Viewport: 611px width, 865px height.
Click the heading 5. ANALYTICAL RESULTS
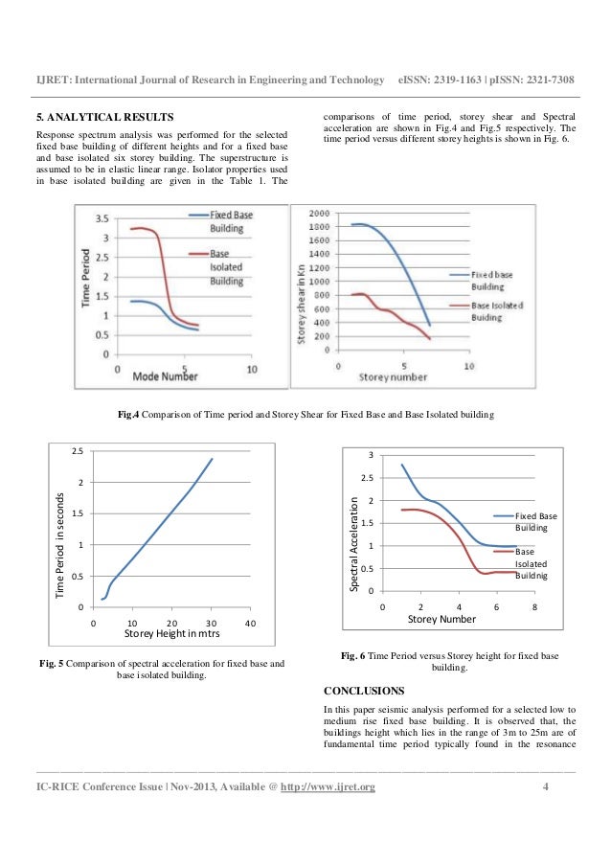coord(98,116)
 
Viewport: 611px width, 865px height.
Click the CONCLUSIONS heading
coord(364,690)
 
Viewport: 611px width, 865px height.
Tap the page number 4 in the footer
coord(545,787)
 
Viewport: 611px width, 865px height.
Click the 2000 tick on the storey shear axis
coord(320,213)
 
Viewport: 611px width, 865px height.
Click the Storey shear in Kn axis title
coord(301,287)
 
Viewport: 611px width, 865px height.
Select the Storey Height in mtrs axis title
coord(170,633)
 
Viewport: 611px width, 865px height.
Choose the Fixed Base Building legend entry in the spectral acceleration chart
coord(534,521)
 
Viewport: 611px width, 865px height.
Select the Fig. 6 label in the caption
coord(353,655)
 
